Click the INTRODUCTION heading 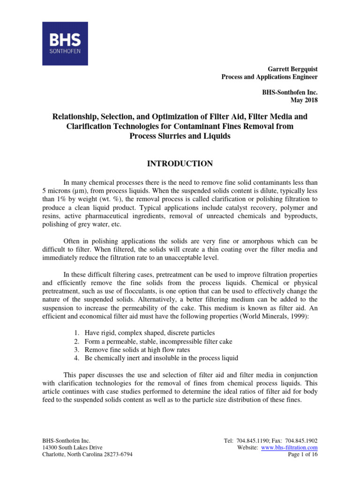[180, 164]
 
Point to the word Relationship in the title [77, 116]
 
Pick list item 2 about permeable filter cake [152, 341]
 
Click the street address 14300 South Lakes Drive [72, 448]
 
